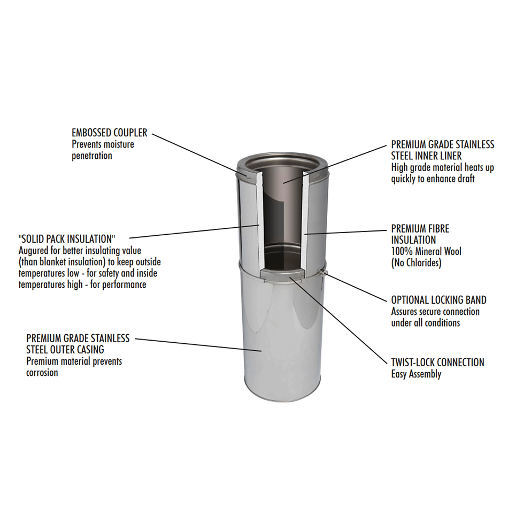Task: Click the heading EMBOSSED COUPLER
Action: click(x=109, y=133)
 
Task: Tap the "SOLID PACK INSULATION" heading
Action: click(x=67, y=237)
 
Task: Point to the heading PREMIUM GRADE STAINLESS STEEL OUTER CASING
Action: click(x=78, y=344)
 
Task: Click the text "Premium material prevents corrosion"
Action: click(x=74, y=367)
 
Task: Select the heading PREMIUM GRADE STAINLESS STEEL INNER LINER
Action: click(x=442, y=150)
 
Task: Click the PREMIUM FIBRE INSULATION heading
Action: click(x=420, y=234)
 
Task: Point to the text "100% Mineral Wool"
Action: click(x=426, y=251)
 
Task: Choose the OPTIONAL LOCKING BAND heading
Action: click(x=438, y=300)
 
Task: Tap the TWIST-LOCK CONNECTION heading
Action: click(x=437, y=362)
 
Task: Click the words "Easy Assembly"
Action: click(x=416, y=374)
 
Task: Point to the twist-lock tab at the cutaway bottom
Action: click(x=281, y=273)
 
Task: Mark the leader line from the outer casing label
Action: click(x=198, y=344)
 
